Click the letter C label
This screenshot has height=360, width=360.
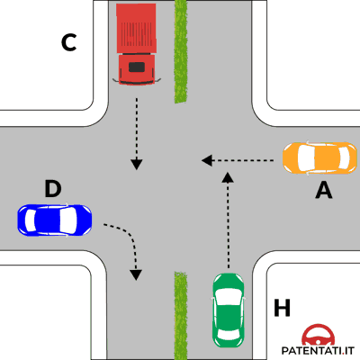point(69,43)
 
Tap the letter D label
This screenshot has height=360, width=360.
point(53,189)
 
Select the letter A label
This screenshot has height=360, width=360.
point(324,191)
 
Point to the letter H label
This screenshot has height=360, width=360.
point(282,308)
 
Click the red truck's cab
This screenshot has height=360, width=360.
point(137,69)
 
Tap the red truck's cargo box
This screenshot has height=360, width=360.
point(136,29)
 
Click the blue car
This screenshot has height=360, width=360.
point(55,220)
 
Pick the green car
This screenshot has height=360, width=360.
point(229,310)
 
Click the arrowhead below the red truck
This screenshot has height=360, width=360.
point(137,164)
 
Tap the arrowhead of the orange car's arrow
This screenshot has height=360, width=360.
point(207,160)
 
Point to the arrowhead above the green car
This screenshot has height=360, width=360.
point(229,177)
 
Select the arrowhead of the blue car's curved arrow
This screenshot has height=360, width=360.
point(136,274)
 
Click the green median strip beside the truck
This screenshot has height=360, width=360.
point(181,51)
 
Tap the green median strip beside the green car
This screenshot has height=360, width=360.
point(181,316)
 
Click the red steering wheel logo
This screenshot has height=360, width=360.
point(319,335)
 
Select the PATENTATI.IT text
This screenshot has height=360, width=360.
point(318,350)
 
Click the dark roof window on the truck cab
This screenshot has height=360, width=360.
point(137,67)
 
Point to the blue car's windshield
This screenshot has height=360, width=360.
point(68,220)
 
